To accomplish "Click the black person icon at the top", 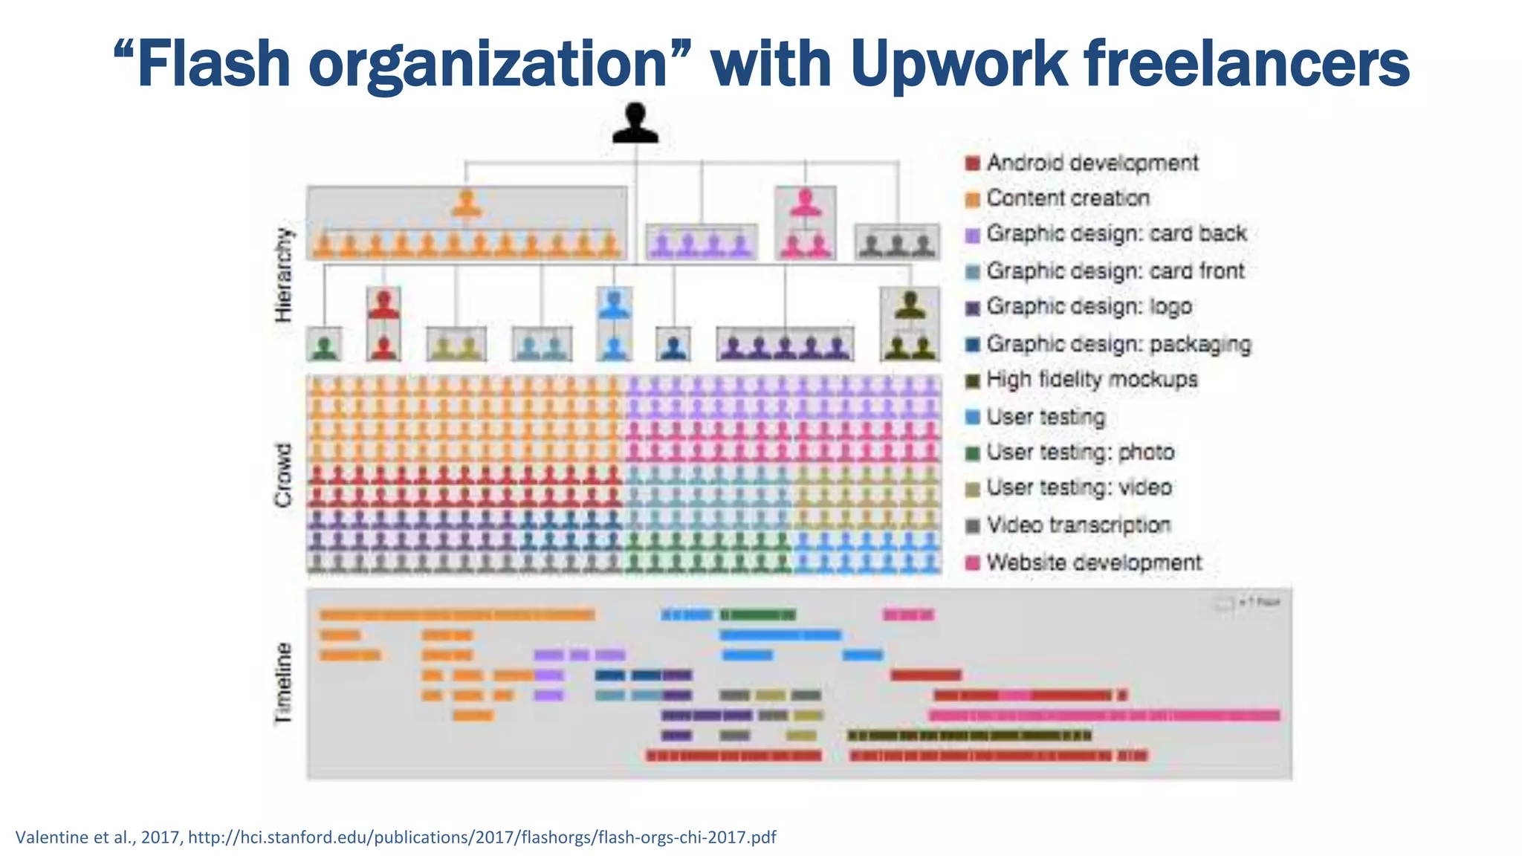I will click(x=635, y=123).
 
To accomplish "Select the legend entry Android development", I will click(x=1092, y=163).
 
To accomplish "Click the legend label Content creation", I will click(x=1067, y=198).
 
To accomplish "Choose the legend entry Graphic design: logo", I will click(x=1089, y=307).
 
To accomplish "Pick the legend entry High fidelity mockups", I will click(x=1091, y=380).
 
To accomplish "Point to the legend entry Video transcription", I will click(x=1078, y=525).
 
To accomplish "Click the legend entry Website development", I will click(x=1093, y=562).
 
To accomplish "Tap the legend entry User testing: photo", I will click(x=1080, y=453).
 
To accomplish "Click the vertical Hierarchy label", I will click(x=284, y=276).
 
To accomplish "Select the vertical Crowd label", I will click(x=284, y=476).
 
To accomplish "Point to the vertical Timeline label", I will click(x=284, y=683).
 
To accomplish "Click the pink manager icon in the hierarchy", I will click(x=806, y=203).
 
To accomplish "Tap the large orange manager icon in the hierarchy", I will click(x=467, y=204).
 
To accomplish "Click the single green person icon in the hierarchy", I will click(x=325, y=347).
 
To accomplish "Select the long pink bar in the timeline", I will click(x=1104, y=716).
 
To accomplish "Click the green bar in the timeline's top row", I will click(x=757, y=615).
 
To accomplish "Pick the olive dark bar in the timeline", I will click(x=969, y=736).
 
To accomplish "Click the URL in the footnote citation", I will click(x=482, y=837).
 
